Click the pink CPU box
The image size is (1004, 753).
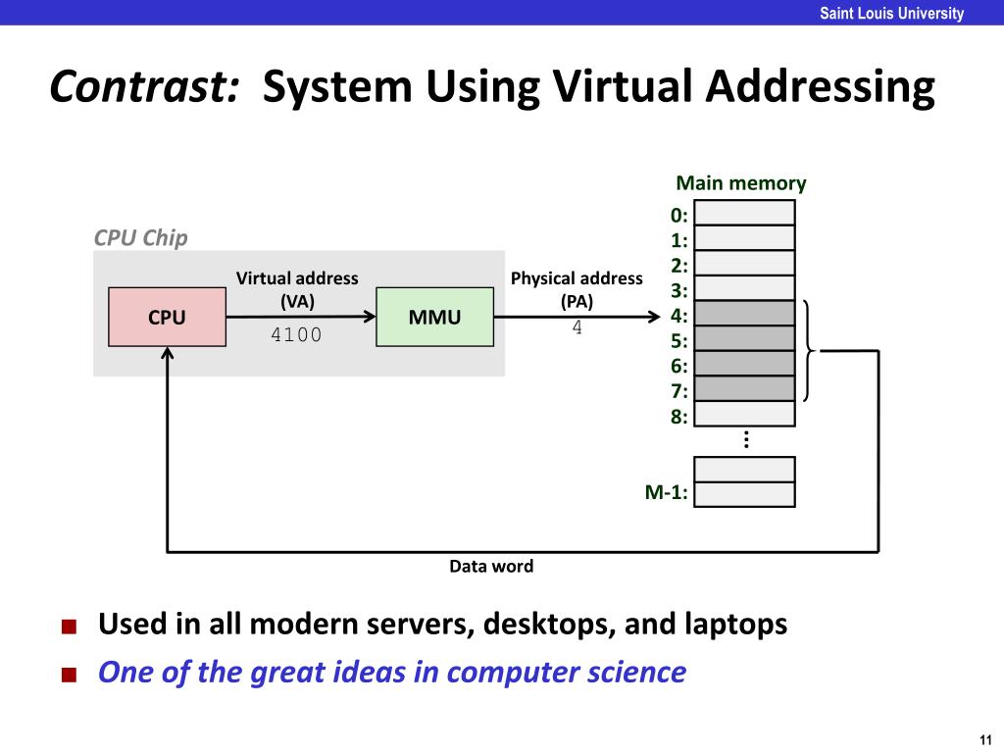tap(167, 317)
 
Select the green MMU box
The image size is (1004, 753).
tap(434, 317)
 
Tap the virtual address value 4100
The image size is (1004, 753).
tap(296, 335)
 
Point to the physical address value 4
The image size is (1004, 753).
tap(577, 328)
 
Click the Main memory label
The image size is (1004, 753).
tap(741, 183)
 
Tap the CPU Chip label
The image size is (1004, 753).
tap(140, 238)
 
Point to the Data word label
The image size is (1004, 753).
tap(491, 566)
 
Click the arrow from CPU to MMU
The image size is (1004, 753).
tap(300, 316)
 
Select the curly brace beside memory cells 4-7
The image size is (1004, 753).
tap(810, 350)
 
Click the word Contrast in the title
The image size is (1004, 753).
tap(145, 88)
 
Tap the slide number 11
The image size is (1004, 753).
tap(984, 738)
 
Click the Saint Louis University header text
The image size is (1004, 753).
tap(892, 13)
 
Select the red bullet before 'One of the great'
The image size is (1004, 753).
tap(68, 675)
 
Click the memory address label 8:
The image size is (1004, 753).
tap(678, 416)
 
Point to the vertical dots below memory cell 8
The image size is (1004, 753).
tap(746, 439)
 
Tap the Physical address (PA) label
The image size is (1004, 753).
tap(577, 289)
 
